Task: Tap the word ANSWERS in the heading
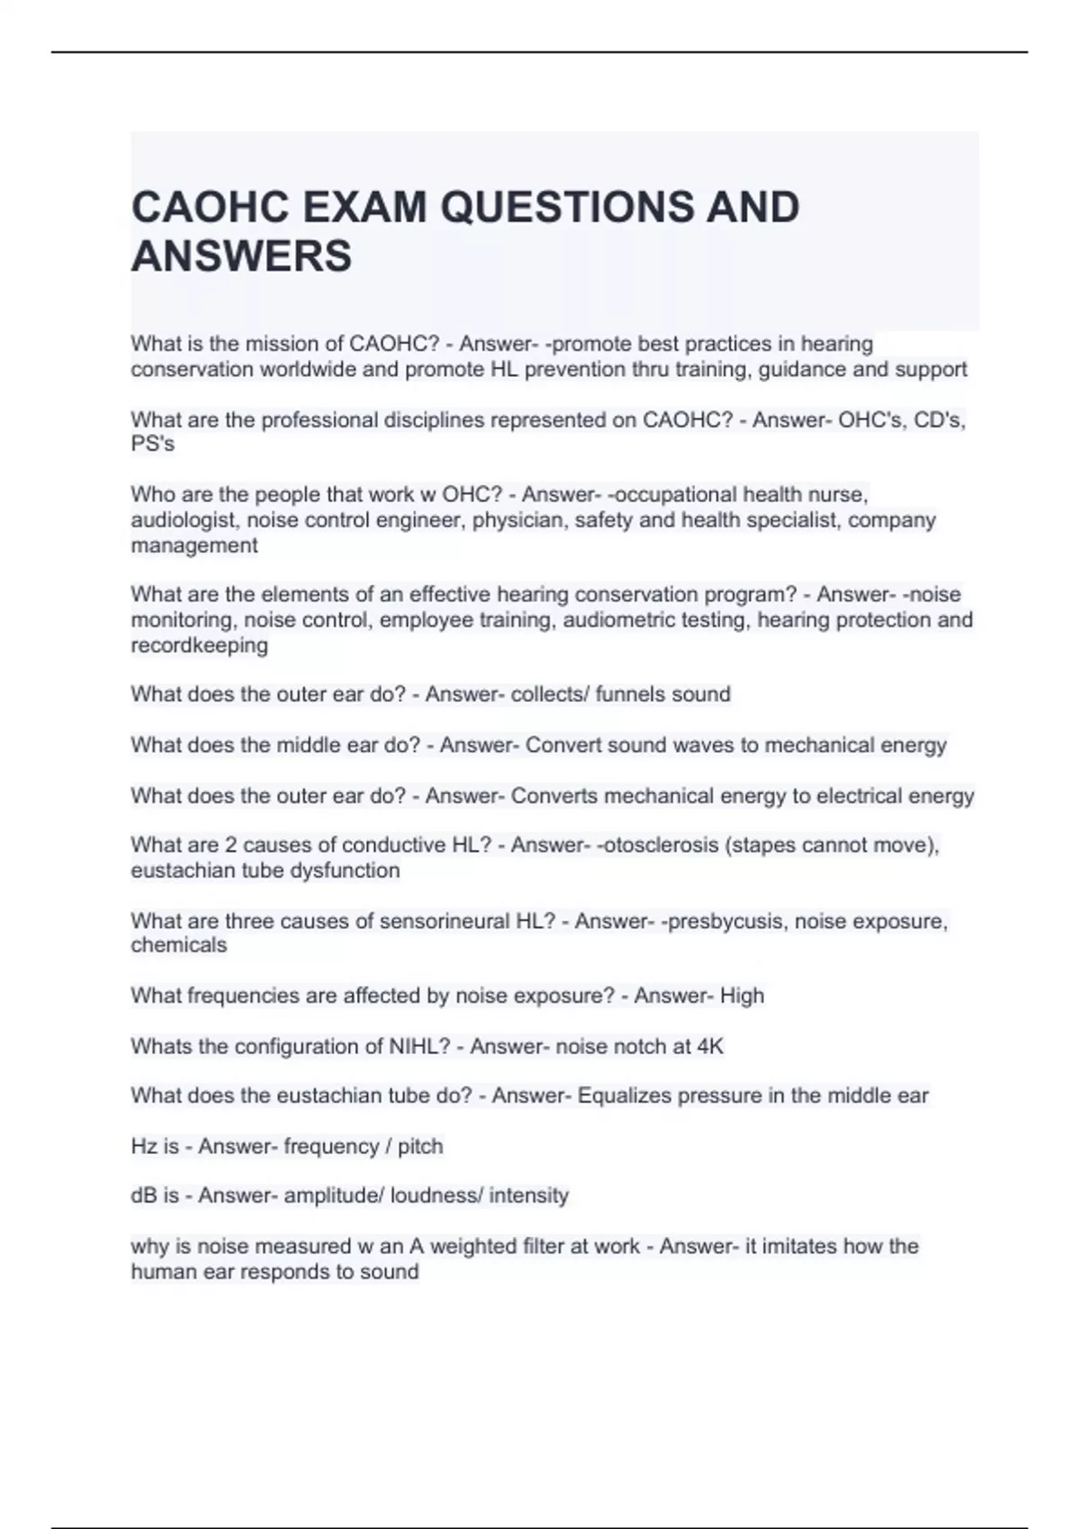coord(241,256)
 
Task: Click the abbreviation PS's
coord(152,444)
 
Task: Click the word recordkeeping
coord(199,645)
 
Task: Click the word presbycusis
coord(723,921)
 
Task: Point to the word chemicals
coord(178,945)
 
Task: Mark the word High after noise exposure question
coord(742,996)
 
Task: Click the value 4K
coord(710,1046)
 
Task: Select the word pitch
coord(420,1147)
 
